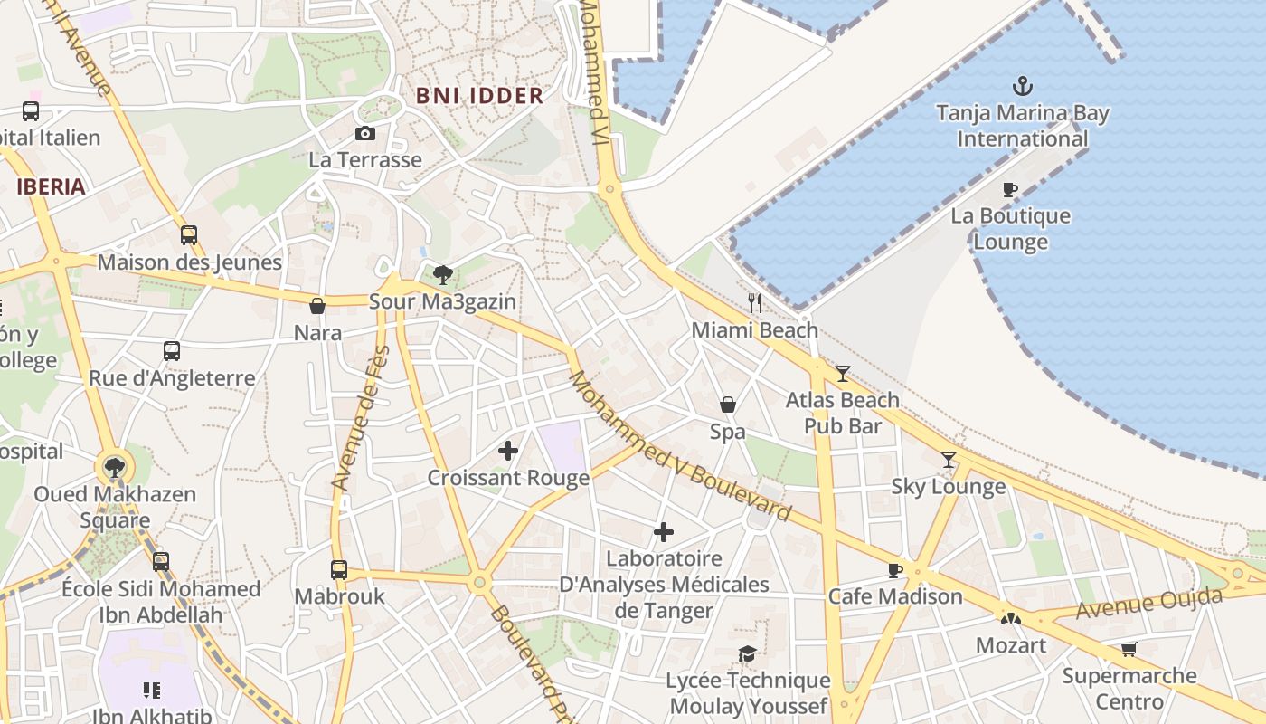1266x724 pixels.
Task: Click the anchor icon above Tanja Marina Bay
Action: pos(1022,87)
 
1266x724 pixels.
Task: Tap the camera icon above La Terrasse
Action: pos(365,134)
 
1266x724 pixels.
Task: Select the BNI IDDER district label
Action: pos(479,95)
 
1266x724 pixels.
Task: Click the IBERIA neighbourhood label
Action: pos(51,187)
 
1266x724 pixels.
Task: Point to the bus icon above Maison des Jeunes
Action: pos(189,235)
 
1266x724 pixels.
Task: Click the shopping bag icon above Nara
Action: pos(317,306)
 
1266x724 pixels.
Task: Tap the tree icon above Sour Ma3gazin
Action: pos(442,274)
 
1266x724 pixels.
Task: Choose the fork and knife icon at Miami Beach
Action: pos(755,302)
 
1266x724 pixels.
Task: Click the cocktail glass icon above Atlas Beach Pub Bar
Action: pos(843,373)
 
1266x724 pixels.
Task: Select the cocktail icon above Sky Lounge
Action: pos(948,460)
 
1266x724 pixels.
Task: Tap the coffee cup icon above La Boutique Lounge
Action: pos(1010,189)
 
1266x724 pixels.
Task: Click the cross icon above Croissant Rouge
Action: pos(508,450)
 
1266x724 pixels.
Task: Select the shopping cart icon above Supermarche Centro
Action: pos(1129,649)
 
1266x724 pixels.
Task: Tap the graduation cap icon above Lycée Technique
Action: pos(747,653)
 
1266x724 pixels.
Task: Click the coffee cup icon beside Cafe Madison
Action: pos(894,570)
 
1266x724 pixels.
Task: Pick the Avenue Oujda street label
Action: pos(1148,604)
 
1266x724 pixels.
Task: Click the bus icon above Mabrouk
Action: pos(339,570)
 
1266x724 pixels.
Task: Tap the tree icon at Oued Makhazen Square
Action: pos(114,468)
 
